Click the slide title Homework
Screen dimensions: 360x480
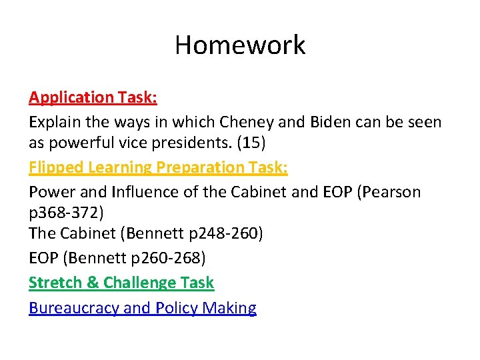click(240, 45)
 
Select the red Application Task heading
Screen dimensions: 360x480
click(93, 97)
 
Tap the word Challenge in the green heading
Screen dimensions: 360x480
click(139, 283)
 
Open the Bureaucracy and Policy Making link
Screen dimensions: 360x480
click(143, 308)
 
